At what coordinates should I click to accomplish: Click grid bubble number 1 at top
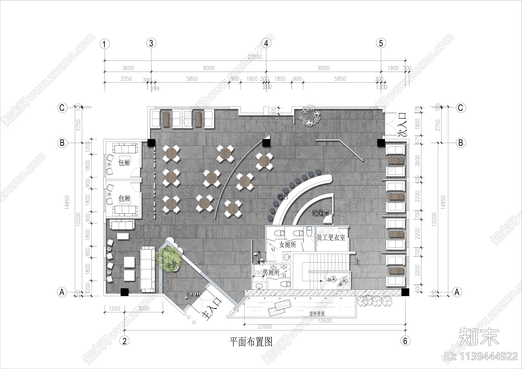point(104,44)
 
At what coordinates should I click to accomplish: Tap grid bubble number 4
point(266,43)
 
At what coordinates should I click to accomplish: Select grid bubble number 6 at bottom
point(405,341)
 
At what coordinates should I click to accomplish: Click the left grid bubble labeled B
point(62,143)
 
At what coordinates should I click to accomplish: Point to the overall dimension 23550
point(255,57)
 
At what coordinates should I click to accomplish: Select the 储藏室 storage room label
point(320,213)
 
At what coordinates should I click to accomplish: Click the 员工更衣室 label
point(331,238)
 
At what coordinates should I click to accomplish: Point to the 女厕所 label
point(287,245)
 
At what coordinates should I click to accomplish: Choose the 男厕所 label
point(271,272)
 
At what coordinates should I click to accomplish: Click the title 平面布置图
point(251,342)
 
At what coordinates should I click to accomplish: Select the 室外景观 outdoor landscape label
point(317,314)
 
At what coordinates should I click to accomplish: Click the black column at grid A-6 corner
point(405,292)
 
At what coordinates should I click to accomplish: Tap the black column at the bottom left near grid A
point(124,292)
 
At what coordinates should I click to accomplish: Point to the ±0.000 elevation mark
point(193,294)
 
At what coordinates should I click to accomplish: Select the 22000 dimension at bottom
point(264,327)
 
